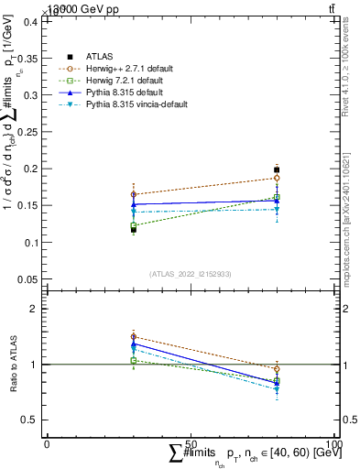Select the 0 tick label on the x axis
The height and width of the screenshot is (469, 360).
pos(47,443)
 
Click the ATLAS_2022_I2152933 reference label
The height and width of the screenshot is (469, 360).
pos(191,274)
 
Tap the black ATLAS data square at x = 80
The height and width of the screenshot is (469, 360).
pos(277,169)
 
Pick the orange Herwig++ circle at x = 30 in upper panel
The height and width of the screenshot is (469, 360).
pos(134,194)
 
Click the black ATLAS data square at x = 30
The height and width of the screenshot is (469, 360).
pos(134,229)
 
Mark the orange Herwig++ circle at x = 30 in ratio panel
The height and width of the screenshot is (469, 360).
pos(134,336)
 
